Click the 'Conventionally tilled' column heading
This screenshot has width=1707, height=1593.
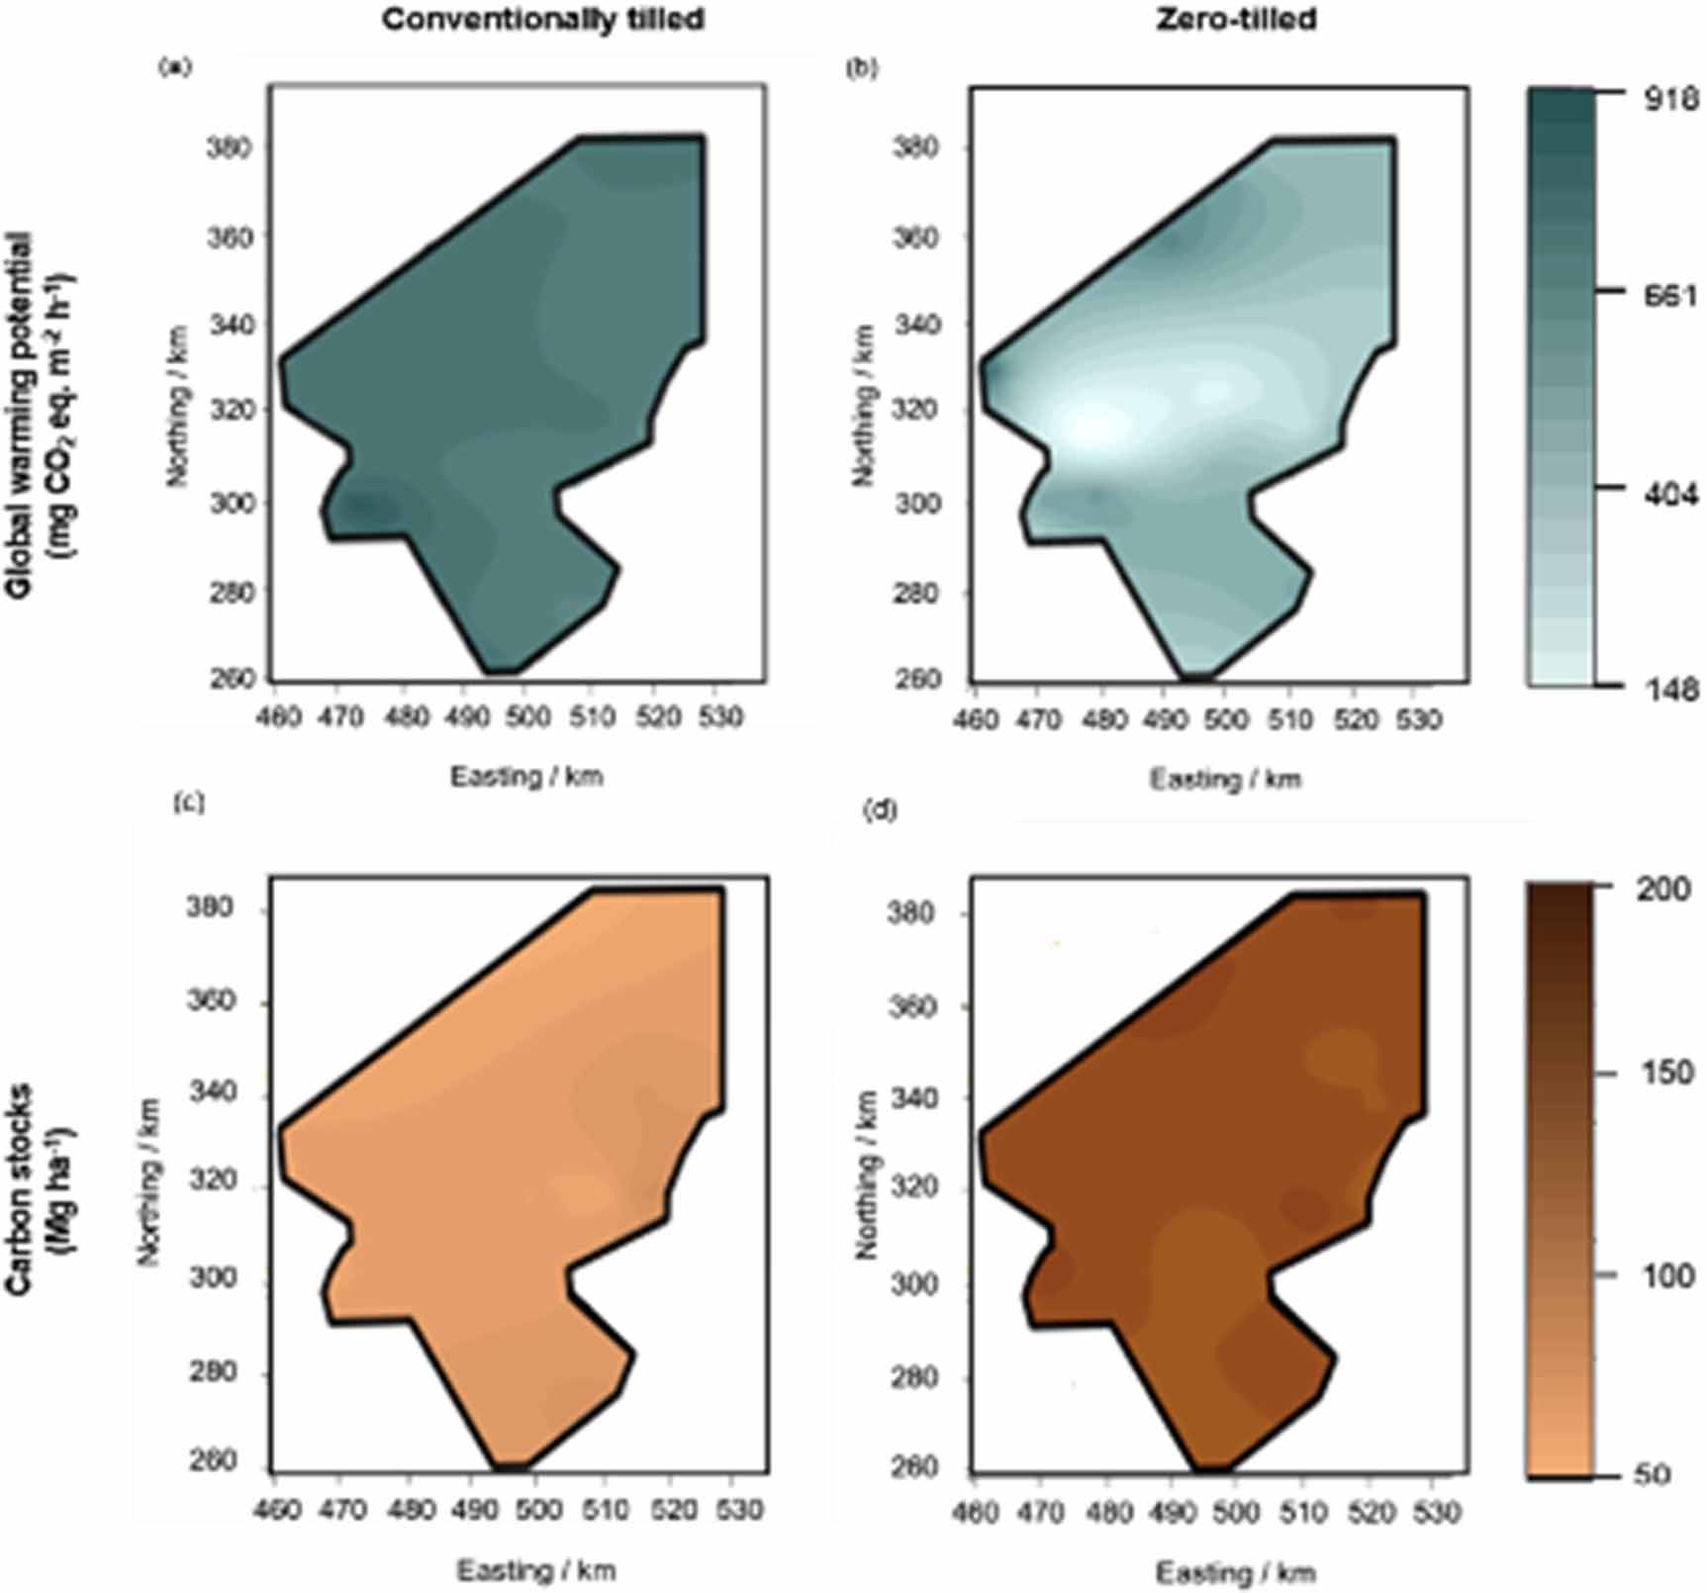[x=543, y=20]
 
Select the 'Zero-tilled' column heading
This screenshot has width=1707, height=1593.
[x=1236, y=20]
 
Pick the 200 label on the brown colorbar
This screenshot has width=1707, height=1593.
[x=1662, y=890]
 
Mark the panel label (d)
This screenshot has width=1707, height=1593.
[x=880, y=810]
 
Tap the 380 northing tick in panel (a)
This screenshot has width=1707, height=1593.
[x=229, y=148]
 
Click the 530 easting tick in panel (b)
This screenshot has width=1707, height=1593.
[x=1417, y=719]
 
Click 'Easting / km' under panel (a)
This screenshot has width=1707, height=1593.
[x=526, y=777]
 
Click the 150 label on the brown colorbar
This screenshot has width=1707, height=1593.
[x=1666, y=1074]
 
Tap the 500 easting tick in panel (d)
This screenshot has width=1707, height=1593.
[x=1236, y=1513]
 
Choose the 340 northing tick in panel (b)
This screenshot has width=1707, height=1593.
[x=914, y=325]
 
